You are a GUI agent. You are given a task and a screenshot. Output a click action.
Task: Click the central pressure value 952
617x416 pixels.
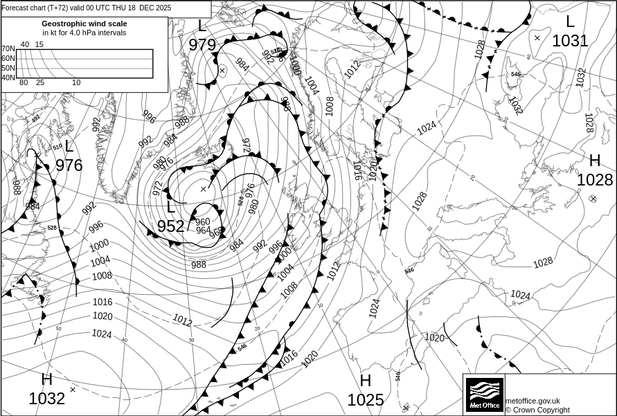click(170, 226)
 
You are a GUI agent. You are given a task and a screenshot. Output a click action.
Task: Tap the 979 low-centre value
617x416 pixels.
click(202, 45)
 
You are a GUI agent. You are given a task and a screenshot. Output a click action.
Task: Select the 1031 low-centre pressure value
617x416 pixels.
click(570, 41)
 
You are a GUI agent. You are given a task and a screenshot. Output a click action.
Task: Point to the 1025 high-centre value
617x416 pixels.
click(365, 400)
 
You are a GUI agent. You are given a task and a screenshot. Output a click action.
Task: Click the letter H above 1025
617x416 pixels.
click(365, 381)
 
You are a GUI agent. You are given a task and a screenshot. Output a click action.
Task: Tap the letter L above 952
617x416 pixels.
click(171, 207)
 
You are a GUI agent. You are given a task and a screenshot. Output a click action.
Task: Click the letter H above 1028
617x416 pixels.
click(594, 161)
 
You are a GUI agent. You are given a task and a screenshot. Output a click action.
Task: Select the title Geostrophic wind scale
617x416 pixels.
click(84, 24)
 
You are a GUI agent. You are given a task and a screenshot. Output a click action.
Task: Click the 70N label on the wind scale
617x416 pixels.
click(8, 48)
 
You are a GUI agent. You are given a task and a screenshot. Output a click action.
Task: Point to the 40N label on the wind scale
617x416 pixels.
click(8, 78)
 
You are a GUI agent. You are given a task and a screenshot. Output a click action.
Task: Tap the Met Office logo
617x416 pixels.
click(483, 395)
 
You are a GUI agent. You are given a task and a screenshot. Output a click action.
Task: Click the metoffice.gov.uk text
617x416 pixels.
click(533, 401)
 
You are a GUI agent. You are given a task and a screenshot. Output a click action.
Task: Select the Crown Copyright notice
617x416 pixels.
click(537, 410)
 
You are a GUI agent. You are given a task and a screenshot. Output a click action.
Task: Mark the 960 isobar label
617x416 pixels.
click(202, 221)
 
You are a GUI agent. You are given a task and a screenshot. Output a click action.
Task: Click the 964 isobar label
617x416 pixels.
click(203, 230)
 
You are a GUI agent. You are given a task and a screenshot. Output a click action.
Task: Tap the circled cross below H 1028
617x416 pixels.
click(593, 199)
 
